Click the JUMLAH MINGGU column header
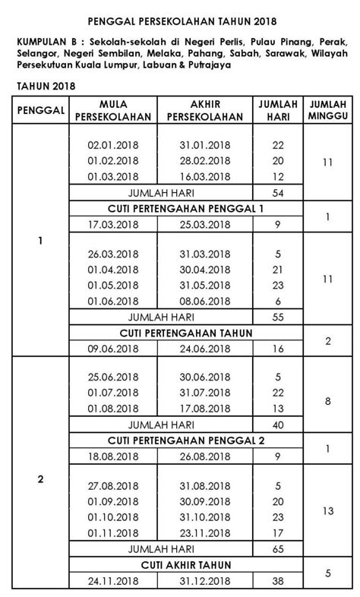(x=328, y=110)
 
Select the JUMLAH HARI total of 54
(x=277, y=193)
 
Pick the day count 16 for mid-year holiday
(x=277, y=349)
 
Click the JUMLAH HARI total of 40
(x=277, y=425)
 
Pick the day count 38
(x=277, y=582)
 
